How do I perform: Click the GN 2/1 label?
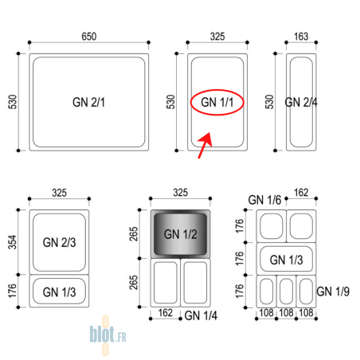coord(88,102)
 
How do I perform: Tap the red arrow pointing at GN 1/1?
coord(205,145)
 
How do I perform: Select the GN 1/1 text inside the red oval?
coord(217,102)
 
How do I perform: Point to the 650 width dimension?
coord(89,37)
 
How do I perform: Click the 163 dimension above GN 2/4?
coord(301,37)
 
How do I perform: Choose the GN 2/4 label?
coord(301,102)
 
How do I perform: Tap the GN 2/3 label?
coord(59,242)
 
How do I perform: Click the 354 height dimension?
coord(13,242)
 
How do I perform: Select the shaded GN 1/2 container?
coord(181,234)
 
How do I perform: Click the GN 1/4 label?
coord(201,315)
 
